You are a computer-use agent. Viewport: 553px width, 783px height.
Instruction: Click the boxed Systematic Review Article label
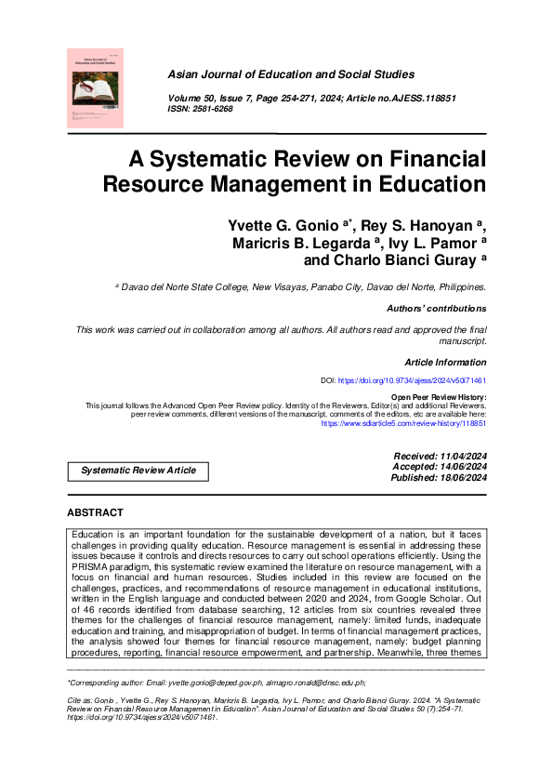(x=138, y=471)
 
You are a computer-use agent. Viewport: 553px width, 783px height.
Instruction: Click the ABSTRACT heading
(x=95, y=513)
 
